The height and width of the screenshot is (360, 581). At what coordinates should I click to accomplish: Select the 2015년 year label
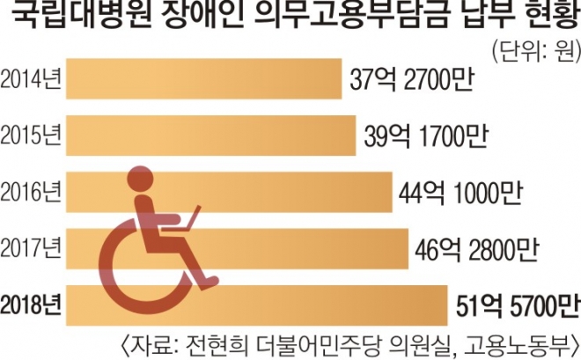33,136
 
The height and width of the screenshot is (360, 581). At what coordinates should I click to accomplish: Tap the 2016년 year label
33,191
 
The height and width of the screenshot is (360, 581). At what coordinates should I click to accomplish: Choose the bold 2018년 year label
33,305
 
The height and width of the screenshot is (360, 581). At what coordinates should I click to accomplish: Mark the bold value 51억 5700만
518,305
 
